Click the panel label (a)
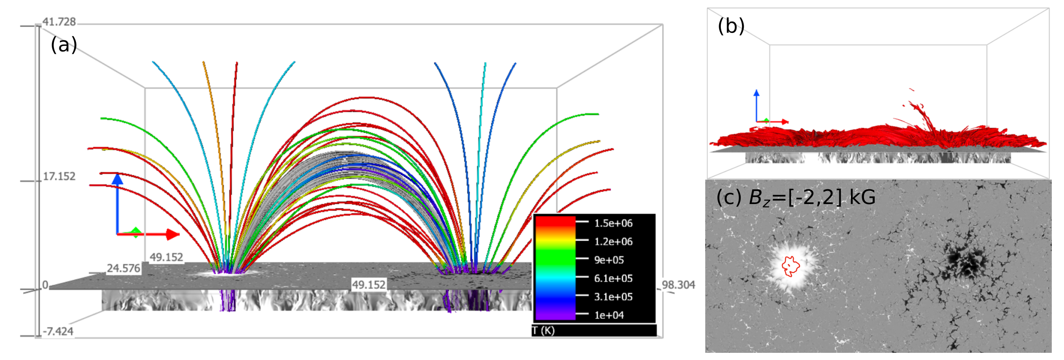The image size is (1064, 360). click(x=64, y=45)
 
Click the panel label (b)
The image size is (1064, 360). click(x=731, y=26)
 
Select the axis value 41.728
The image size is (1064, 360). click(x=59, y=21)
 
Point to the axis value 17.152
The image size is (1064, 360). click(x=59, y=176)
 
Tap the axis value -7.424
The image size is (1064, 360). click(x=58, y=331)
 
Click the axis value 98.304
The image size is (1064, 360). click(x=678, y=285)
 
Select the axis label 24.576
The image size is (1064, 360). click(x=124, y=269)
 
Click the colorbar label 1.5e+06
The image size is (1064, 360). click(x=613, y=223)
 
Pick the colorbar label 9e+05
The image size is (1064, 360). click(x=609, y=260)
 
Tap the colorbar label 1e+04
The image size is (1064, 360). click(x=609, y=315)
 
